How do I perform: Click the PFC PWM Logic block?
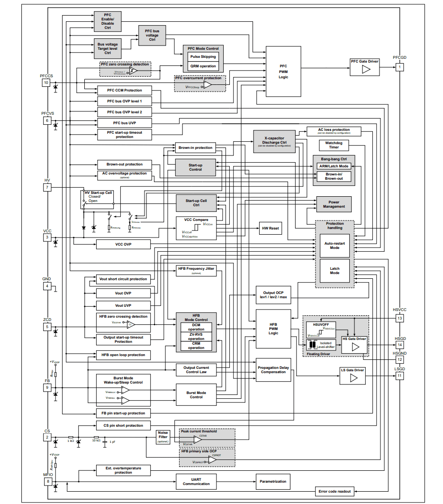[x=283, y=71]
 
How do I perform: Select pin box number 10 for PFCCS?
[x=46, y=82]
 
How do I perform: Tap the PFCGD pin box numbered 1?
[x=400, y=67]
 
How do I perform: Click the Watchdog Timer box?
[x=334, y=145]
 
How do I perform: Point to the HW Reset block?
[x=271, y=229]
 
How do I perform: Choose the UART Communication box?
[x=196, y=481]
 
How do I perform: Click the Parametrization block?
[x=273, y=481]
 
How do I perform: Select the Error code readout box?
[x=335, y=491]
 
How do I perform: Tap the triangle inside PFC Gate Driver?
[x=365, y=69]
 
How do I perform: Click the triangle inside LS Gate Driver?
[x=353, y=377]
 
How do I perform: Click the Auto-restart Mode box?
[x=335, y=245]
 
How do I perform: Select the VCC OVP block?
[x=123, y=244]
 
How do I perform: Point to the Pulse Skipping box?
[x=203, y=56]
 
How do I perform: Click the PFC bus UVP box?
[x=125, y=123]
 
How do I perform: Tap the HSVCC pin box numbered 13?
[x=400, y=318]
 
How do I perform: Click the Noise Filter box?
[x=163, y=437]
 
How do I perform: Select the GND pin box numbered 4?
[x=46, y=286]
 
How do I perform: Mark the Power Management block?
[x=334, y=204]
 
